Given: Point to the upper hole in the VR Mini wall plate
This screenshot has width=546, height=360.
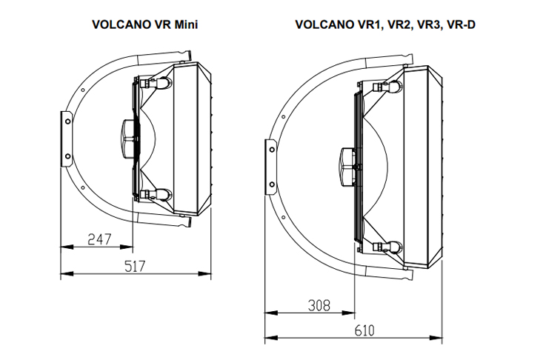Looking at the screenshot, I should click(x=66, y=119).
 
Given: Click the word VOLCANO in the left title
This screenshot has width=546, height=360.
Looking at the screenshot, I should click(x=119, y=23).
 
